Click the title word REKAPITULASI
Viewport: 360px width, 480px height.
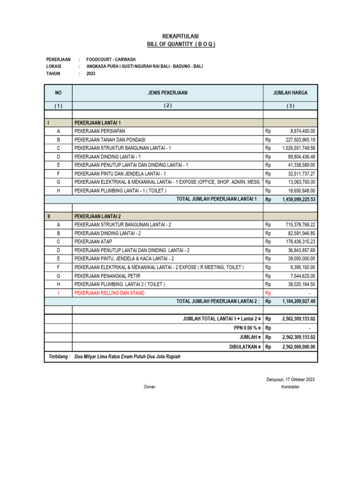(x=180, y=36)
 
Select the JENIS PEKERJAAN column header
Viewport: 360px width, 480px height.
(x=167, y=93)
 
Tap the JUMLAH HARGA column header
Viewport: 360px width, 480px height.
(x=290, y=93)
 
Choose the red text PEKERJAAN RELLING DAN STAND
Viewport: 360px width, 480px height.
(x=109, y=293)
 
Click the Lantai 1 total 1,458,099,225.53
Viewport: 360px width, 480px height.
(x=299, y=199)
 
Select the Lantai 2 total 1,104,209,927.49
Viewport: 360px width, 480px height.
(x=299, y=301)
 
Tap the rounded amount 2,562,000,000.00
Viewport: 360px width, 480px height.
(x=299, y=347)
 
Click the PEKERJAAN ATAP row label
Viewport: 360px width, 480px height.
(x=93, y=242)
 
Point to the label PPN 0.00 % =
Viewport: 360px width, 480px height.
(x=243, y=329)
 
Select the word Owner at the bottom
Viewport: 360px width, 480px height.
(x=150, y=387)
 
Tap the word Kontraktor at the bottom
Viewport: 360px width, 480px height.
(x=290, y=387)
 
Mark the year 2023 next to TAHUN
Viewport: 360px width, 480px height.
(x=91, y=74)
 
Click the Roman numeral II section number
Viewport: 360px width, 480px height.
(x=49, y=216)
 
